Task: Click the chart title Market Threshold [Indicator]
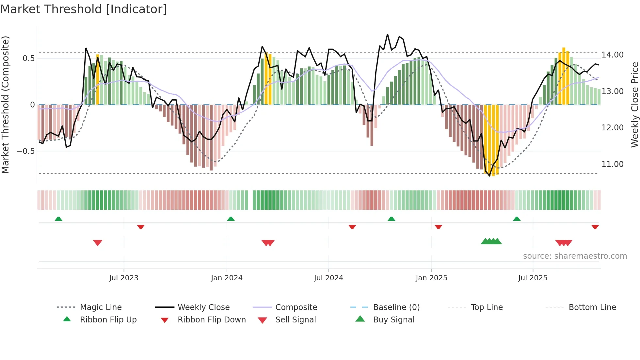(x=84, y=9)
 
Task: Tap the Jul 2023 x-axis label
(x=124, y=278)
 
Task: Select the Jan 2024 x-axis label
(x=227, y=278)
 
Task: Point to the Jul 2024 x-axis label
(x=328, y=278)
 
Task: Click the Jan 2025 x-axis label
(x=431, y=278)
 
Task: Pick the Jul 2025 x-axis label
(x=533, y=278)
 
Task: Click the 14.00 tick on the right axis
(x=613, y=55)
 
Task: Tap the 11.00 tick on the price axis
(x=613, y=164)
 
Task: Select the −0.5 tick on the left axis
(x=25, y=151)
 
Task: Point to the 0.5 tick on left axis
(x=28, y=58)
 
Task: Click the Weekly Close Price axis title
(x=634, y=105)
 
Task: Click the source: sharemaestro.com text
(x=575, y=256)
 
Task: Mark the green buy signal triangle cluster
(x=491, y=241)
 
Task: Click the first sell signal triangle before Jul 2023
(x=98, y=243)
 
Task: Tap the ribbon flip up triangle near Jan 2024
(x=231, y=219)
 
